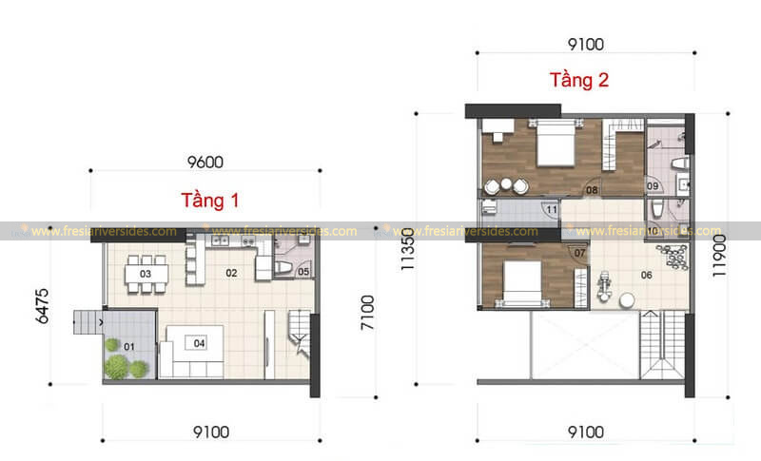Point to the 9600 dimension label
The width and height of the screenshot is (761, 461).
coord(205,162)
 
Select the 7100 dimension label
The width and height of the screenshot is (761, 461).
coord(368,315)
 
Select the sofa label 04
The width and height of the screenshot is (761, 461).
coord(199,343)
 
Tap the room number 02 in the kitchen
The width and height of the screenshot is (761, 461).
coord(230,273)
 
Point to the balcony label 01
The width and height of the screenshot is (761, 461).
coord(128,345)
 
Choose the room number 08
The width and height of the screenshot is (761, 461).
coord(591,190)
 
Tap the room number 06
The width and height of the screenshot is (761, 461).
coord(647,275)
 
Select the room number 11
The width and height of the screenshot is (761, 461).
coord(551,209)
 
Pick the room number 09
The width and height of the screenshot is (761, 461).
coord(654,184)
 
